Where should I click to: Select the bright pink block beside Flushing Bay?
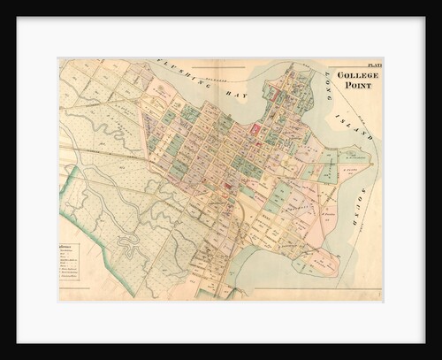coord(257,128)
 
